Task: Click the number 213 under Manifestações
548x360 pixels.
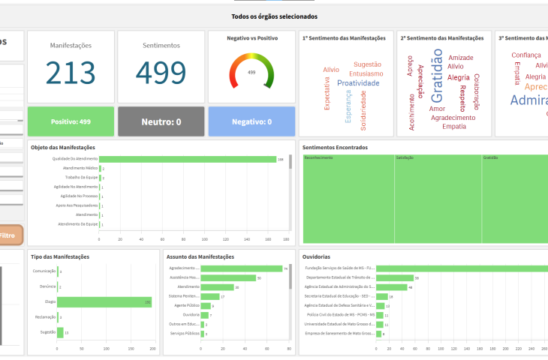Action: [71, 73]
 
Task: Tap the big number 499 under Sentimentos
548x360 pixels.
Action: [161, 73]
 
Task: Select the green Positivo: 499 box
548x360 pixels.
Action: [71, 121]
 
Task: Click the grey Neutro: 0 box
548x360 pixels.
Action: [161, 121]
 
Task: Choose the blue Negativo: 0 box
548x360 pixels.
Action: [251, 121]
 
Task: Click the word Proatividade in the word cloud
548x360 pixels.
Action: [358, 83]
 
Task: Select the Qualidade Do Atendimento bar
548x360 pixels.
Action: [188, 159]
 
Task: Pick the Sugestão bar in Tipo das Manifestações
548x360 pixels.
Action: [60, 332]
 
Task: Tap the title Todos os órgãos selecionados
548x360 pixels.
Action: [274, 16]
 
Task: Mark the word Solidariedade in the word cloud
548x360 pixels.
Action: [363, 109]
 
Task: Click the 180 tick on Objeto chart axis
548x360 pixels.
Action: [285, 240]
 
